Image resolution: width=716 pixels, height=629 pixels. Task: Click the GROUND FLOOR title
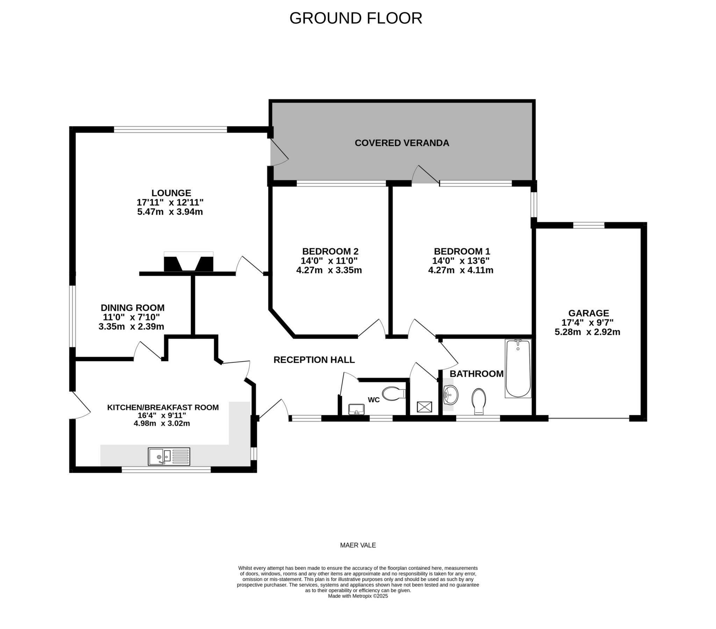click(x=356, y=18)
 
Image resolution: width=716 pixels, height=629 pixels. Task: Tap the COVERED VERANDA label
click(x=402, y=143)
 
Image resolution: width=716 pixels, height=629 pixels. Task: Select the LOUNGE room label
click(x=171, y=193)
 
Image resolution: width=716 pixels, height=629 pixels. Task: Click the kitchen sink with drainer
click(x=169, y=456)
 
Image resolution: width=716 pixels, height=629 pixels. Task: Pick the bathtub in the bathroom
click(x=518, y=368)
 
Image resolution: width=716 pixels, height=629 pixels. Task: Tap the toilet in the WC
click(x=394, y=394)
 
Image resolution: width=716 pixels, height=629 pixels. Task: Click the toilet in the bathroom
click(x=479, y=402)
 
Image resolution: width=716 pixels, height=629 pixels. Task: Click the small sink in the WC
click(x=356, y=409)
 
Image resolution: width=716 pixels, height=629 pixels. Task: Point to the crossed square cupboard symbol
click(x=424, y=407)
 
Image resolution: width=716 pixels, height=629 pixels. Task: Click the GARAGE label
click(x=588, y=313)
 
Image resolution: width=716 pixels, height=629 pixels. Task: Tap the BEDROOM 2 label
click(x=330, y=251)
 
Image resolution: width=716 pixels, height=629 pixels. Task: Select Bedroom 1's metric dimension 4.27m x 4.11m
click(x=461, y=270)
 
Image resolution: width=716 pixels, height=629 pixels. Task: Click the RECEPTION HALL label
click(x=314, y=360)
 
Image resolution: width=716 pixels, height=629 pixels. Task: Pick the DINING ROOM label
click(x=133, y=308)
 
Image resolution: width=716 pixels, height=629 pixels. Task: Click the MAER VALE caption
click(x=358, y=545)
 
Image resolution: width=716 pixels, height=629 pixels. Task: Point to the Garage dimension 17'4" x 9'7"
click(x=587, y=322)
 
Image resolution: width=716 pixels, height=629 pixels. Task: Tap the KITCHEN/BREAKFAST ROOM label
click(x=163, y=408)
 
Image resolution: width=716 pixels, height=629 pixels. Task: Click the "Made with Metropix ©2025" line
click(x=358, y=596)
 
